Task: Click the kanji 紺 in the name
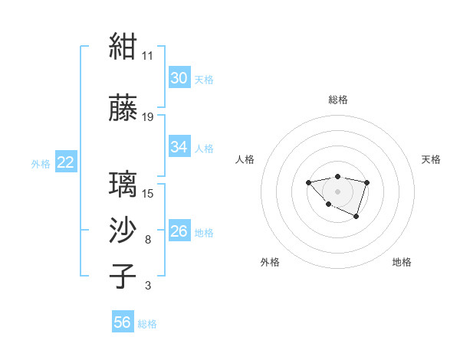(123, 46)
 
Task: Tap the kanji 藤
(123, 107)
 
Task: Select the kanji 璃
(123, 184)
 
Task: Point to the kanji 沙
(123, 230)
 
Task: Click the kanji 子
(123, 276)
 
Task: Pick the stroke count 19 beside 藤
(147, 117)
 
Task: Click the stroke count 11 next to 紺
(147, 56)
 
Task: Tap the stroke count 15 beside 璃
(147, 194)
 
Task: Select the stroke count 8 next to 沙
(148, 240)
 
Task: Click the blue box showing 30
(180, 77)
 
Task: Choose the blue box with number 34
(180, 146)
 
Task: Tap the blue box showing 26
(180, 230)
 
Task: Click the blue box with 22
(66, 162)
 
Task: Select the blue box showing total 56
(123, 321)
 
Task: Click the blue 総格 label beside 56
(147, 324)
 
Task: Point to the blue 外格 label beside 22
(41, 164)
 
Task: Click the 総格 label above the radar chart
(338, 100)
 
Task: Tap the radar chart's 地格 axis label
(402, 262)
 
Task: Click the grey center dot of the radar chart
(337, 191)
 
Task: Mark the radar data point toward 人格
(308, 182)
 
